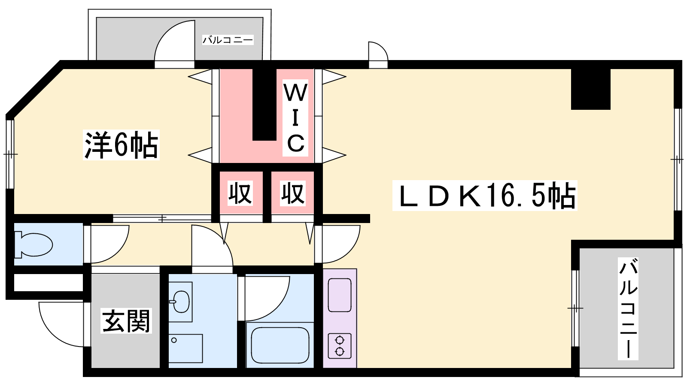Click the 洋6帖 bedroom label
[121, 145]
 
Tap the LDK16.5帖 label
[485, 196]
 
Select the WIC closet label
[295, 118]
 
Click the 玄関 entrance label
[126, 321]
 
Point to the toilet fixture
[33, 244]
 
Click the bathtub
[280, 345]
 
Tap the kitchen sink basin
[340, 295]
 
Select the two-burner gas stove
[340, 346]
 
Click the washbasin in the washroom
[181, 302]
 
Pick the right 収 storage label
[293, 193]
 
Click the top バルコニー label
[228, 40]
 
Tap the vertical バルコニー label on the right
[628, 309]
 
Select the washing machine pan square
[185, 348]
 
